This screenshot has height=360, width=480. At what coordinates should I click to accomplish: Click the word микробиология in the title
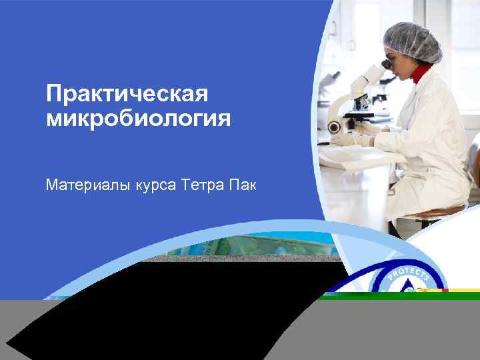[x=139, y=119]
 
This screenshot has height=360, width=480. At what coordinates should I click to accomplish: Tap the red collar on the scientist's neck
[x=421, y=72]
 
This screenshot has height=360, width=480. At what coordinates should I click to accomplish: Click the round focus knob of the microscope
[x=334, y=127]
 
